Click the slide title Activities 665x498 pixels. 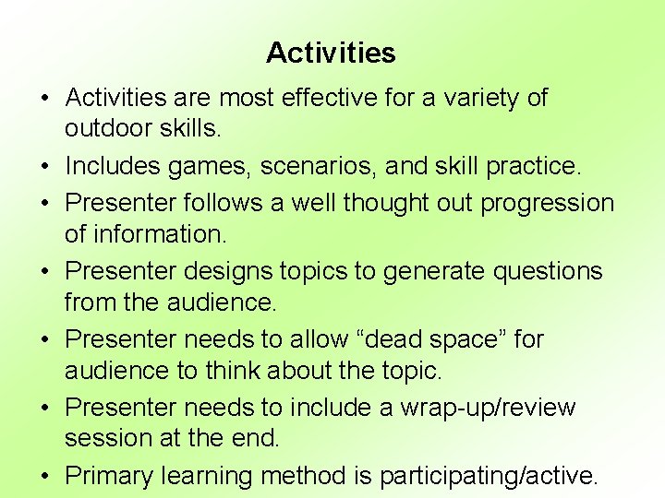pos(331,53)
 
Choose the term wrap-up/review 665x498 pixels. pos(487,408)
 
